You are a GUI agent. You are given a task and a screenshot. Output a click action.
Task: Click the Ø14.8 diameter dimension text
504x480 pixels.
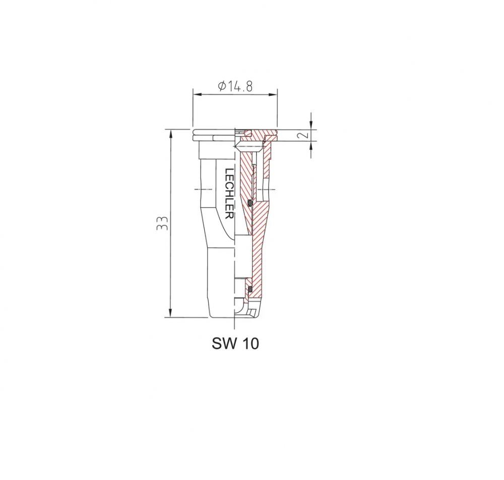click(235, 86)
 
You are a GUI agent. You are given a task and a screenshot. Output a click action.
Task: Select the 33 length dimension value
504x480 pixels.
click(163, 223)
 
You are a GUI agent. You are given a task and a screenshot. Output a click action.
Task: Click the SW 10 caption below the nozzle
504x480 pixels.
click(235, 343)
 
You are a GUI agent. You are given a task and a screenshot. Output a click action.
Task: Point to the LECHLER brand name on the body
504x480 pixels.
click(229, 194)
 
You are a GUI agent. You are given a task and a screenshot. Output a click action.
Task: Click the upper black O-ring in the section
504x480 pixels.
click(250, 203)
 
